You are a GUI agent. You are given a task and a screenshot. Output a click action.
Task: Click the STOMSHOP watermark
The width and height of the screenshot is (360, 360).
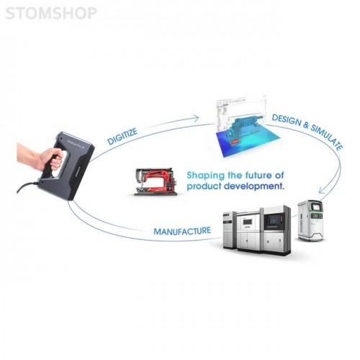pyautogui.click(x=51, y=13)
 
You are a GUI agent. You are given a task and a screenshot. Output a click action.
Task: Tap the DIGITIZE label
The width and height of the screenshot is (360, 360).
pyautogui.click(x=122, y=136)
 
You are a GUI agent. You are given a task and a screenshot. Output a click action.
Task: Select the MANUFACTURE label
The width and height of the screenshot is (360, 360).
pyautogui.click(x=182, y=231)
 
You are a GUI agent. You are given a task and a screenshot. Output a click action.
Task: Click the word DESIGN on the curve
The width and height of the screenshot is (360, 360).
pyautogui.click(x=286, y=120)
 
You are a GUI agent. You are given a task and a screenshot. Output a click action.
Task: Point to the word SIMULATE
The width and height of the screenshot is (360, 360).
pyautogui.click(x=327, y=138)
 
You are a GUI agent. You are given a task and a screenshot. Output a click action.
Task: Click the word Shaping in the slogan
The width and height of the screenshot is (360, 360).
pyautogui.click(x=206, y=176)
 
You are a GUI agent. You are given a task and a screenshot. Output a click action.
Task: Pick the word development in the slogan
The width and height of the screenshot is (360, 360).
pyautogui.click(x=255, y=186)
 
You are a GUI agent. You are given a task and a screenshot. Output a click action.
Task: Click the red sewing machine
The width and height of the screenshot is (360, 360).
pyautogui.click(x=156, y=181)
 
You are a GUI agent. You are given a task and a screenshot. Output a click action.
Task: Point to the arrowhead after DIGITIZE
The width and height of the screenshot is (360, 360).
pyautogui.click(x=196, y=118)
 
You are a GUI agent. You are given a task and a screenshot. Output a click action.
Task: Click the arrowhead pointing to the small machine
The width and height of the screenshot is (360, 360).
pyautogui.click(x=322, y=190)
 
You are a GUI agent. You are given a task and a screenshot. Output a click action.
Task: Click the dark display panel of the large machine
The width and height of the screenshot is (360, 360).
pyautogui.click(x=274, y=220)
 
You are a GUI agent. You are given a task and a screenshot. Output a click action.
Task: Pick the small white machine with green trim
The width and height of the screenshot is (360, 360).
pyautogui.click(x=310, y=220)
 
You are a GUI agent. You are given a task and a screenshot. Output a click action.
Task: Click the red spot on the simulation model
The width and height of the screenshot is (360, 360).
pyautogui.click(x=235, y=142)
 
